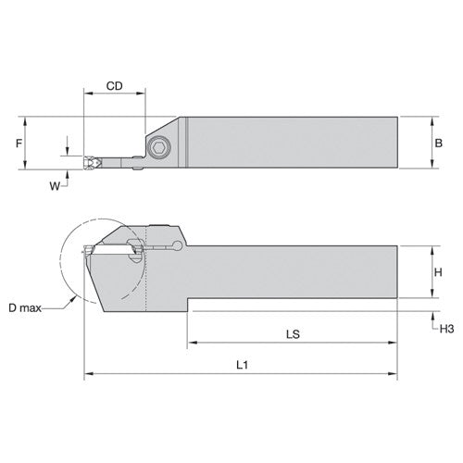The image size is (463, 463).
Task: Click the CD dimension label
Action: click(114, 86)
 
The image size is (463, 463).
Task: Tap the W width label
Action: click(54, 184)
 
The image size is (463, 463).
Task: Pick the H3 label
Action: click(446, 327)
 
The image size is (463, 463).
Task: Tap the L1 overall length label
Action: click(243, 365)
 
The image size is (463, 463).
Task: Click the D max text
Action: click(28, 307)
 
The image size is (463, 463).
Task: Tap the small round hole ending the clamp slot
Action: click(176, 244)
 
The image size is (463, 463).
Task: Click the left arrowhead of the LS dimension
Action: click(194, 344)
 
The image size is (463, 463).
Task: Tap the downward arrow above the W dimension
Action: click(68, 151)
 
